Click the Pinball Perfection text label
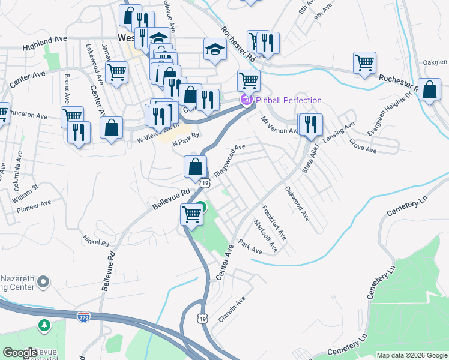click(288, 100)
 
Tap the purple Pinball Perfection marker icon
click(246, 100)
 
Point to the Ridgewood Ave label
click(230, 155)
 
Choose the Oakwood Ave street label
click(297, 204)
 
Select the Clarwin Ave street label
click(232, 309)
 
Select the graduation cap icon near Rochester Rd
click(215, 50)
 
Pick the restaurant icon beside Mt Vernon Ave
click(310, 124)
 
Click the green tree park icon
click(44, 326)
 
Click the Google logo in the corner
click(20, 353)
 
